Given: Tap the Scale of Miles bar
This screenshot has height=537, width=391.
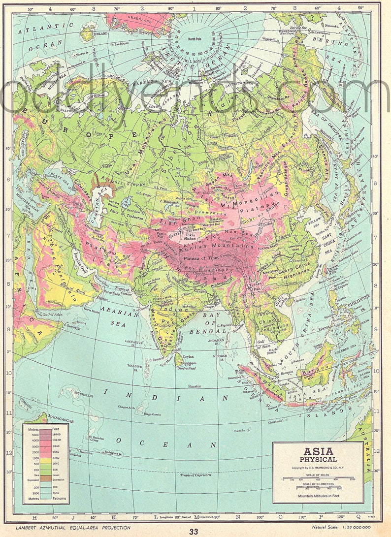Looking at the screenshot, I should pos(318,478).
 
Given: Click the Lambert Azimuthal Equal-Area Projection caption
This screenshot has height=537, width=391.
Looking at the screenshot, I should pos(73,528).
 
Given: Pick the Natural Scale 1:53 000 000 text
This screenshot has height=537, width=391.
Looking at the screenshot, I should pos(341,528).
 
